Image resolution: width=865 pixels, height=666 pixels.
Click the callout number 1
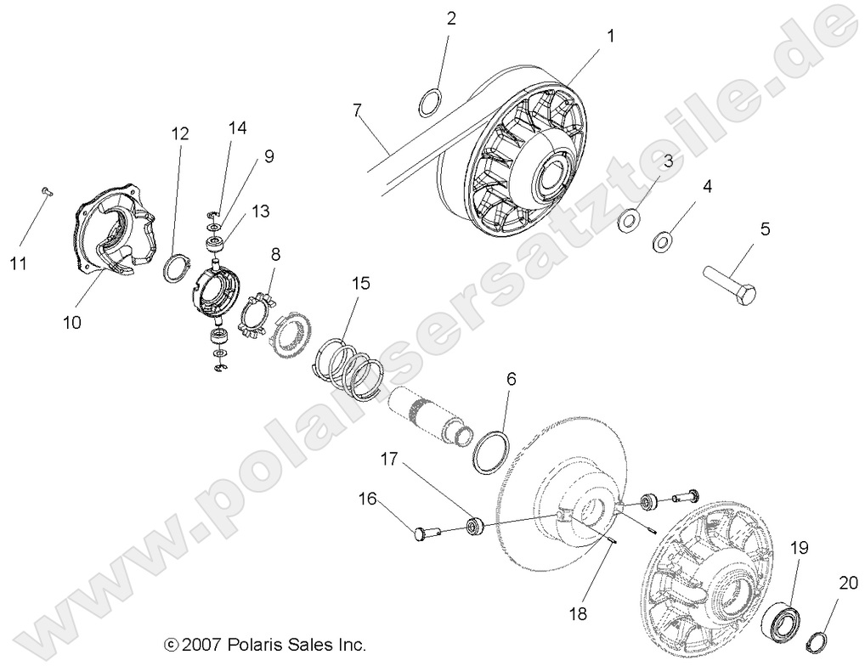tap(610, 36)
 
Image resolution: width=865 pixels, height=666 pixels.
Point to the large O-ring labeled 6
tap(492, 450)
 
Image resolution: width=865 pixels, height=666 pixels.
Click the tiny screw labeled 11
tap(48, 193)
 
